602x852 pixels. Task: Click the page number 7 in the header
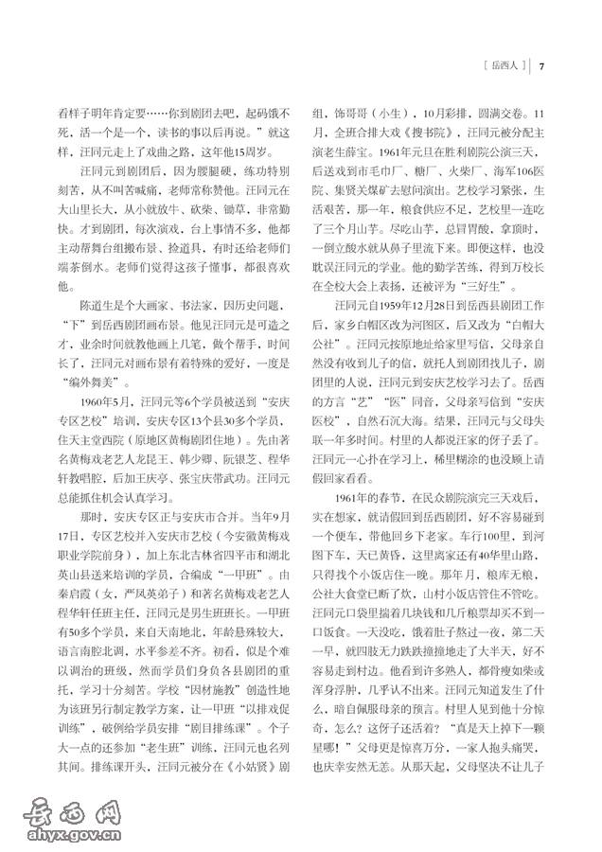coord(541,66)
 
